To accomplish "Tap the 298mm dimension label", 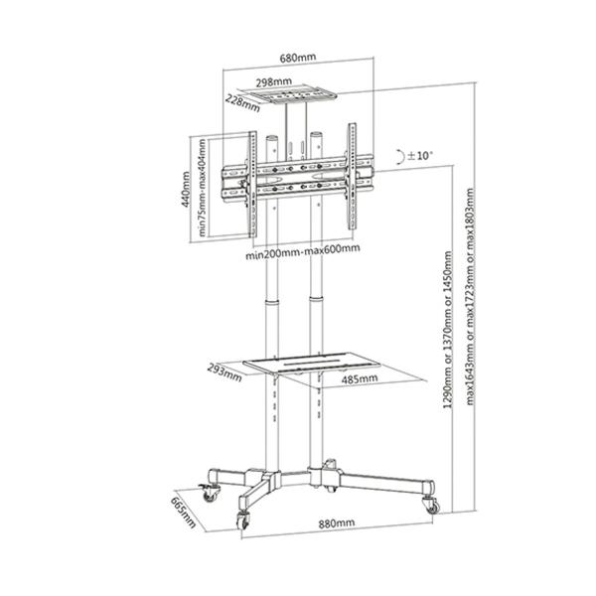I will tap(273, 82).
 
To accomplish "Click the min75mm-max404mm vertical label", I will tap(203, 186).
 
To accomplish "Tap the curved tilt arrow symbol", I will tap(399, 156).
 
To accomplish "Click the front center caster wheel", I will tap(241, 520).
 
